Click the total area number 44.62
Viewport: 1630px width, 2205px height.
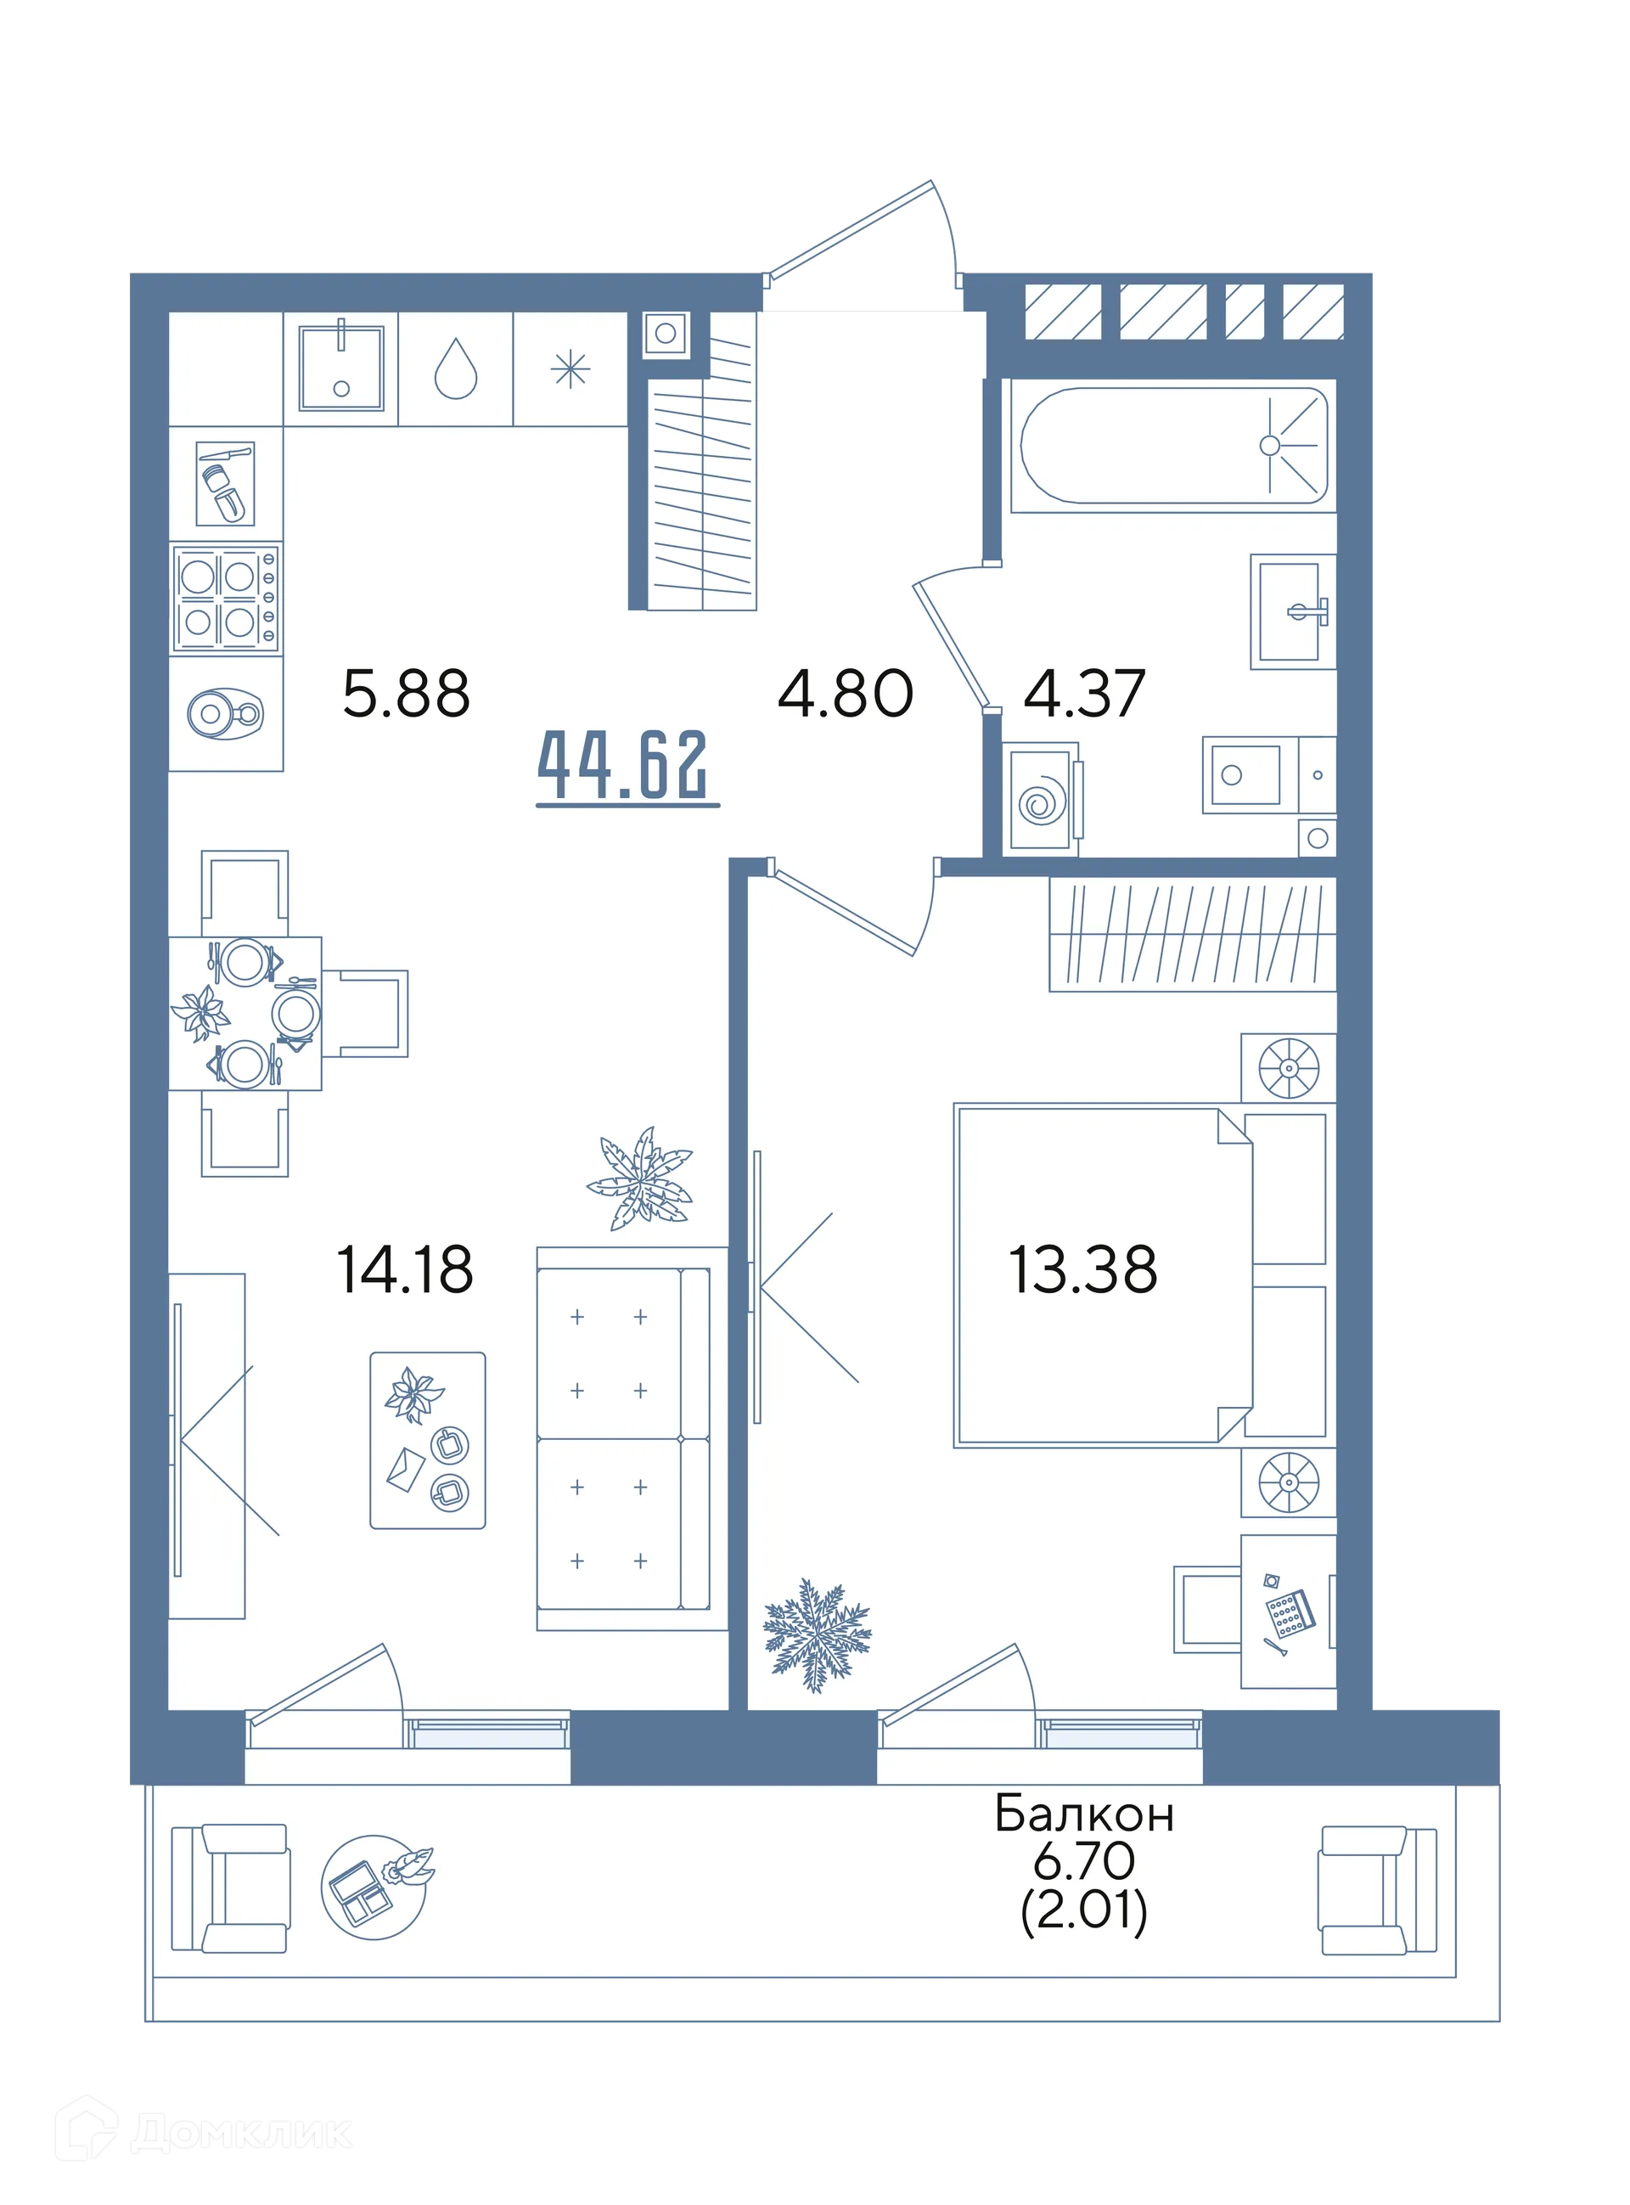622,765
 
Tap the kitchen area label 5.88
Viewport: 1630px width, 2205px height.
406,693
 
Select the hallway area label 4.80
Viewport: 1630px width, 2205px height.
846,693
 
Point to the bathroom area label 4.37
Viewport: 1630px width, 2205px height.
1084,693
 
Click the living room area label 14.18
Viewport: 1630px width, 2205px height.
405,1268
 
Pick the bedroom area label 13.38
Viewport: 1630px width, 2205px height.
1082,1268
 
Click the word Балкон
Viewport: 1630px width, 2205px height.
1084,1814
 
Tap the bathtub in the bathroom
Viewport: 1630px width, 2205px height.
1173,446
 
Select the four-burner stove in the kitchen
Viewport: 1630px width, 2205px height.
226,599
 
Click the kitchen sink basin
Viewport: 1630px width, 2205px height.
341,368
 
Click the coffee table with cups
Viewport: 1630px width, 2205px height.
427,1439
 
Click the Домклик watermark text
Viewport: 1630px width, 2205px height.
242,2133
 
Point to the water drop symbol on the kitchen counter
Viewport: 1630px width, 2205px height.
456,368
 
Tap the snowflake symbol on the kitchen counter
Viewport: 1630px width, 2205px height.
570,370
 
